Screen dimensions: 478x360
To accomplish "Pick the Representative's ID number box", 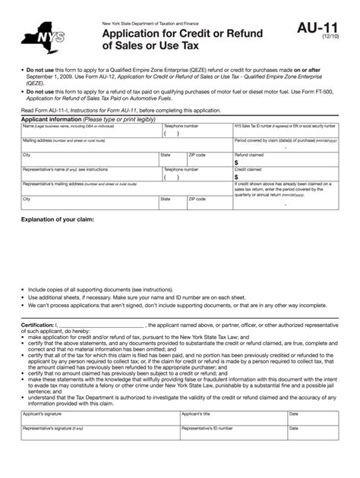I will click(232, 433).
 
